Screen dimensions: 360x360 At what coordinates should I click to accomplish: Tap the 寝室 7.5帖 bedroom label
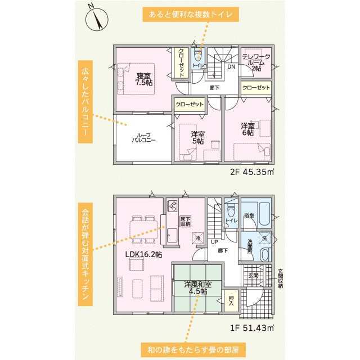point(143,79)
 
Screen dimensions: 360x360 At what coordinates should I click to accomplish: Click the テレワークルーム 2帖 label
point(256,62)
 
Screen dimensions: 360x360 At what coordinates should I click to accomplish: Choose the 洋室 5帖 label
point(197,137)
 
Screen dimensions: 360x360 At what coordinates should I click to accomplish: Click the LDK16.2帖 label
point(143,255)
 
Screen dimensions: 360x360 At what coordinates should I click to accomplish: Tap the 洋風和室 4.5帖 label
point(197,288)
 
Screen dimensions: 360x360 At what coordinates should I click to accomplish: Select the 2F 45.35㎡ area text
point(252,172)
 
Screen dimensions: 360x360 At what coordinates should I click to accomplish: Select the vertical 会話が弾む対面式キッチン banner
point(85,257)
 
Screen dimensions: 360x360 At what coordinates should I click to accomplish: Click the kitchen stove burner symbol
point(172,206)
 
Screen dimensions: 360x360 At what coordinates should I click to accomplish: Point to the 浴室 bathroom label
point(249,215)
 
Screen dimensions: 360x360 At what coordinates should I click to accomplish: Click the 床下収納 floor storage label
point(186,220)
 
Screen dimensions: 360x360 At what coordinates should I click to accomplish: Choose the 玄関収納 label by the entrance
point(280,278)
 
